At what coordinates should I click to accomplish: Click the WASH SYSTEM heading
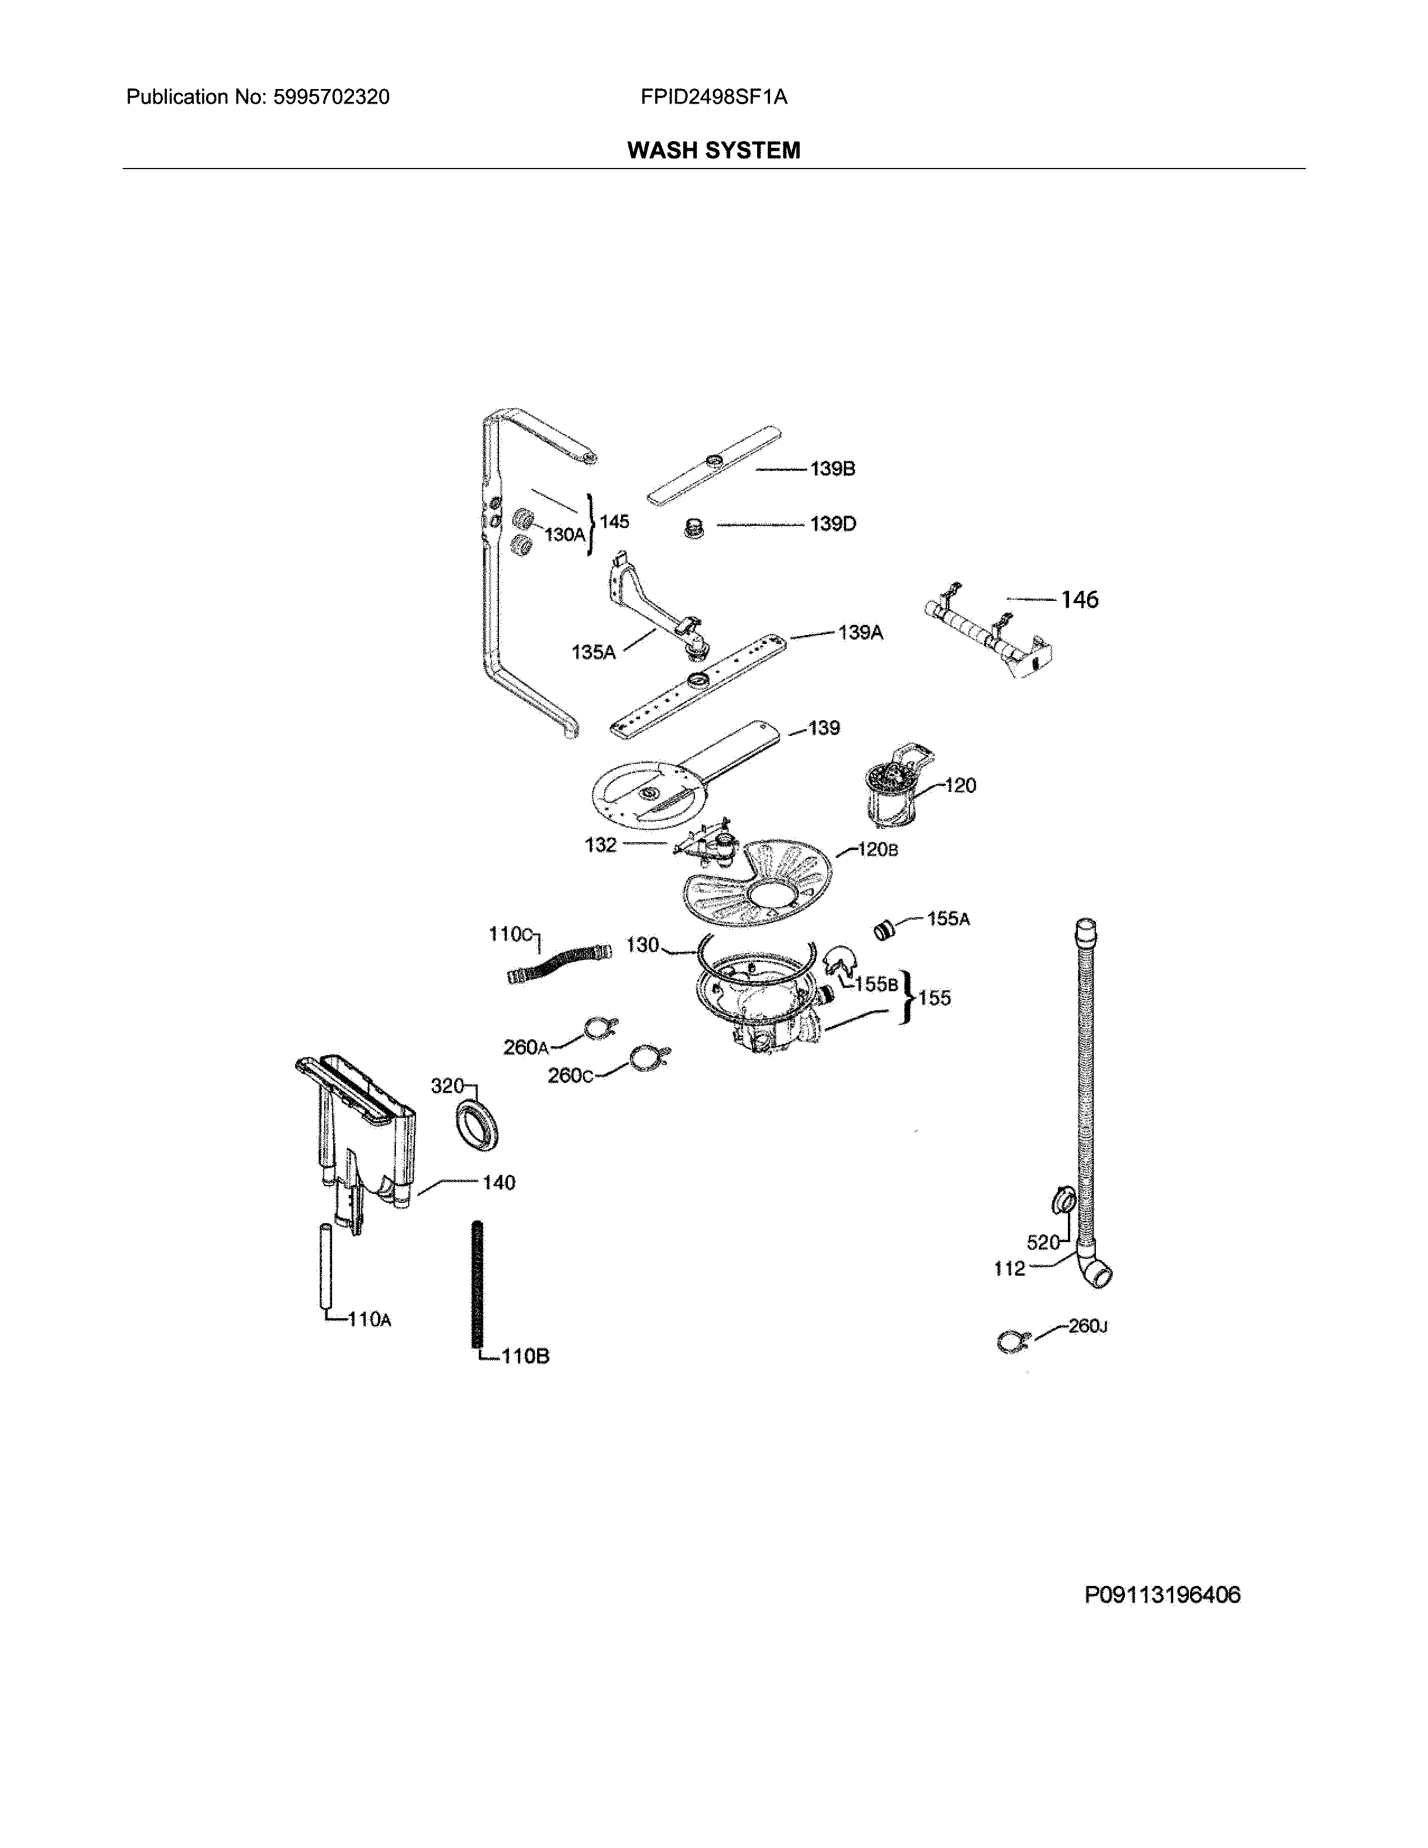pyautogui.click(x=713, y=151)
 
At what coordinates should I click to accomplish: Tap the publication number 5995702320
pyautogui.click(x=331, y=97)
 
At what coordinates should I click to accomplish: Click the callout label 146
pyautogui.click(x=1080, y=600)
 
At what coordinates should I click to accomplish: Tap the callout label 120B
pyautogui.click(x=878, y=850)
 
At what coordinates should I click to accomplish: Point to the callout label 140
pyautogui.click(x=498, y=1183)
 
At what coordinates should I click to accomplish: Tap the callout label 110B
pyautogui.click(x=525, y=1356)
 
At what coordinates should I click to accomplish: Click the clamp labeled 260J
pyautogui.click(x=1012, y=1341)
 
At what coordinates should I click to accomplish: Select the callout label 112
pyautogui.click(x=1009, y=1268)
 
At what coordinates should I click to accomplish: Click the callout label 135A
pyautogui.click(x=593, y=652)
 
